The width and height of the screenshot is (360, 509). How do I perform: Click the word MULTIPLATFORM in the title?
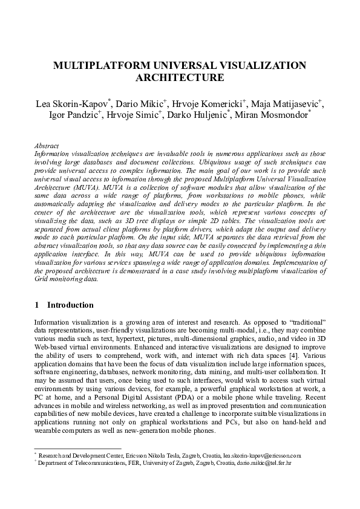(x=95, y=65)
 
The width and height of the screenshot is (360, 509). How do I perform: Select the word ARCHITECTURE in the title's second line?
(x=180, y=77)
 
